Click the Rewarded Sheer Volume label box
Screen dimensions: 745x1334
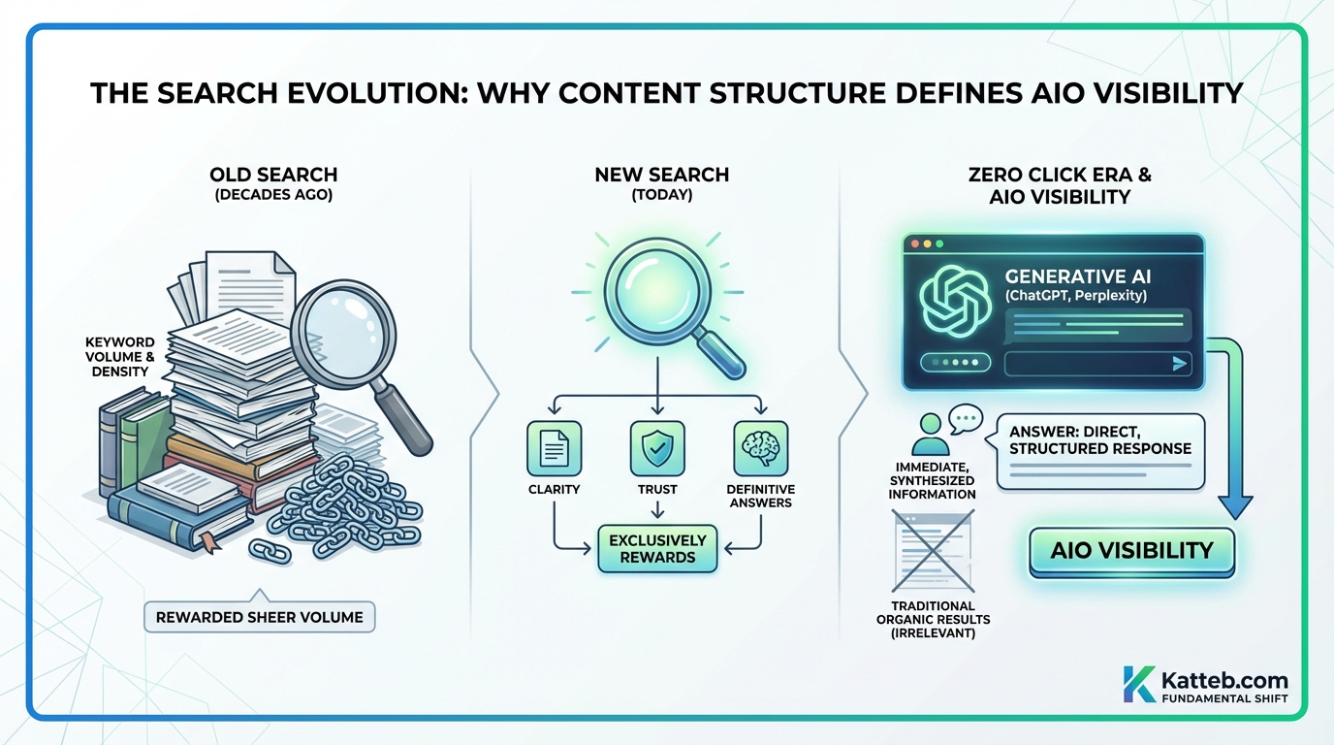pyautogui.click(x=259, y=617)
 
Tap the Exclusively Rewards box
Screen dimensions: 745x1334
pyautogui.click(x=658, y=549)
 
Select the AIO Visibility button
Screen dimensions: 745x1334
pyautogui.click(x=1131, y=551)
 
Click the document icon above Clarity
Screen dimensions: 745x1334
pyautogui.click(x=554, y=448)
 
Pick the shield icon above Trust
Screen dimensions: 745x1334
pyautogui.click(x=657, y=448)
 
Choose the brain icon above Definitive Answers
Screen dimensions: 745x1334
pyautogui.click(x=761, y=448)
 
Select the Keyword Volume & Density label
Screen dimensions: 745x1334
pyautogui.click(x=119, y=356)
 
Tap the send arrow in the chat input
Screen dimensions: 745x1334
pyautogui.click(x=1180, y=364)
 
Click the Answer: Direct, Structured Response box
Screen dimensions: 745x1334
pyautogui.click(x=1099, y=450)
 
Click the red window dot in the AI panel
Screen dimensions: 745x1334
pyautogui.click(x=913, y=244)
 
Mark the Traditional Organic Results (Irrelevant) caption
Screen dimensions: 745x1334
pyautogui.click(x=934, y=619)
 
